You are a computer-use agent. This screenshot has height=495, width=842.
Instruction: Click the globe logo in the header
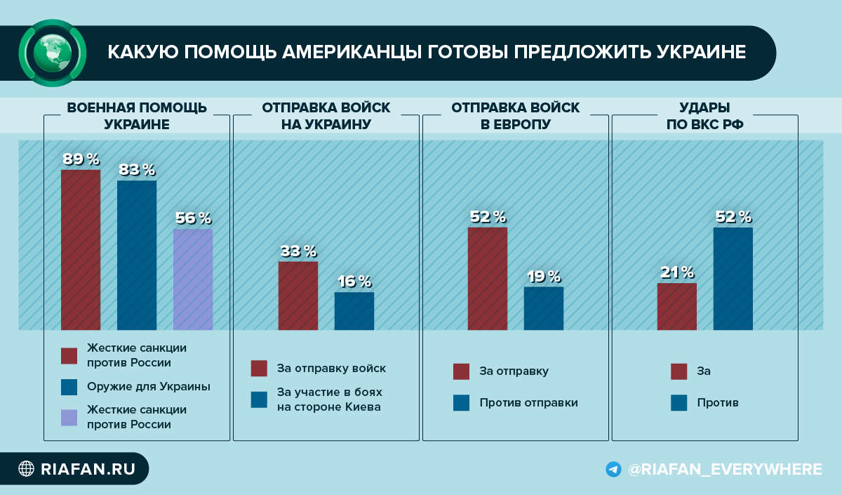[x=52, y=53]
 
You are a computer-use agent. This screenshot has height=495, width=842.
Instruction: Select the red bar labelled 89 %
[x=81, y=250]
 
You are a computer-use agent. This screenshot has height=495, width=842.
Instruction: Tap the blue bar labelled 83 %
[x=137, y=256]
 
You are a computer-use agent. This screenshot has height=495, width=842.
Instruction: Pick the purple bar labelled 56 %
[x=193, y=279]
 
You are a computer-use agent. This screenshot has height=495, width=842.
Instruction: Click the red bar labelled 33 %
[x=298, y=296]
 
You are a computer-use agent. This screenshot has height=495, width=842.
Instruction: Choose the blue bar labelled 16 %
[x=354, y=311]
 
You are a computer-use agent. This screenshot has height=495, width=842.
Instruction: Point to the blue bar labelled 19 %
[x=544, y=308]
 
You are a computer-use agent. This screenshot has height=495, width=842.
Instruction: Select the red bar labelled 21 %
[x=676, y=307]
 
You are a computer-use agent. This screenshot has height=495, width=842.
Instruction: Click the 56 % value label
[x=194, y=218]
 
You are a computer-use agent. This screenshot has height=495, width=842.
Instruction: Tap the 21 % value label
[x=677, y=272]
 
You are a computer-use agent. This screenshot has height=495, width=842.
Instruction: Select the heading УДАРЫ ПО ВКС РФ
[x=704, y=116]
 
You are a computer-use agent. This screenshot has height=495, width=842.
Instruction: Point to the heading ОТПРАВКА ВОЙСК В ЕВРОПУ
[x=515, y=116]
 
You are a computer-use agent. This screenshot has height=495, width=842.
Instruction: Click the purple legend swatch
[x=69, y=418]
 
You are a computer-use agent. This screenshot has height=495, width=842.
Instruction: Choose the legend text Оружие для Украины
[x=149, y=386]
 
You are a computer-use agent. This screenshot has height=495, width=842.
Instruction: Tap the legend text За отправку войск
[x=331, y=368]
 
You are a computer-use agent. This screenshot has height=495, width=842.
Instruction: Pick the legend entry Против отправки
[x=515, y=402]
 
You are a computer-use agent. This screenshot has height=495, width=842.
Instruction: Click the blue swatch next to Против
[x=679, y=402]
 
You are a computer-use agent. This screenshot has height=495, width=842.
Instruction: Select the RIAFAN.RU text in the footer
[x=88, y=469]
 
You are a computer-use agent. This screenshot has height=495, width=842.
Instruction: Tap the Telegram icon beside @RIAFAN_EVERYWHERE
[x=613, y=469]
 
